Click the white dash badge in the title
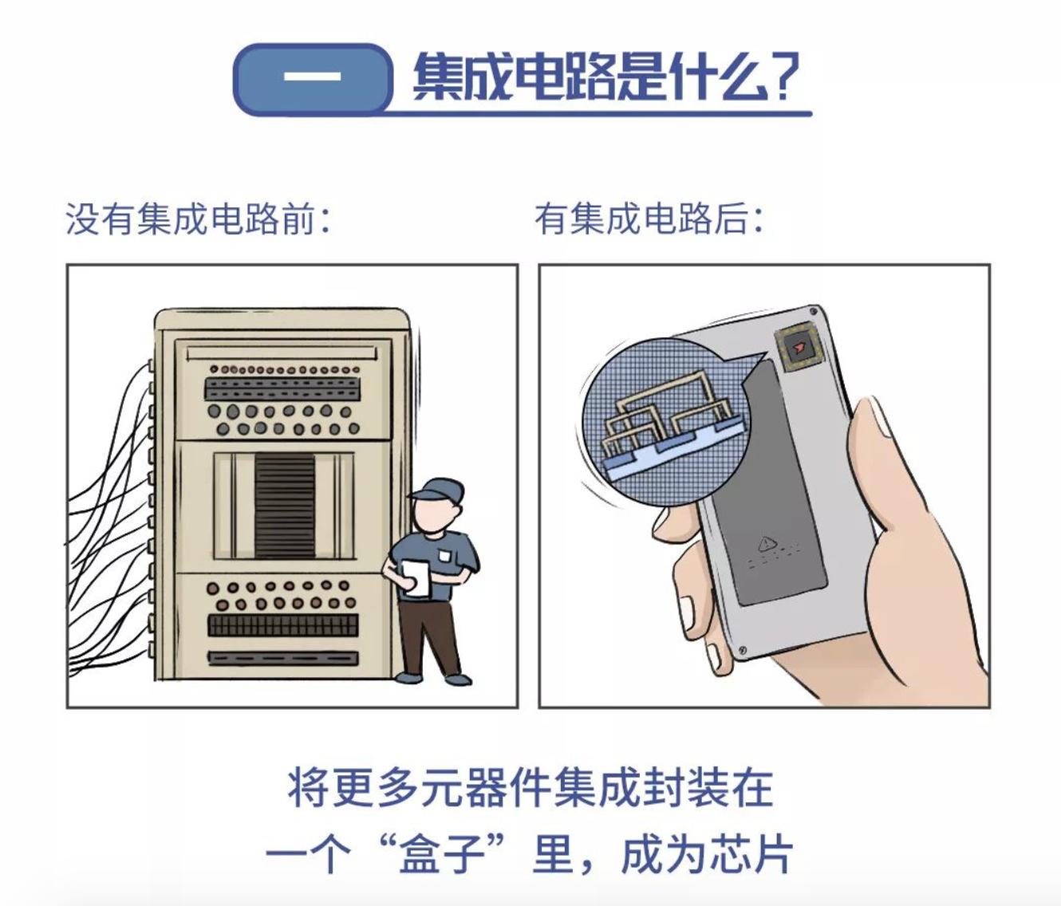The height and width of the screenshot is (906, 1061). [312, 78]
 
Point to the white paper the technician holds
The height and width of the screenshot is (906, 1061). [416, 577]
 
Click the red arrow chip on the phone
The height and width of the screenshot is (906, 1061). [798, 348]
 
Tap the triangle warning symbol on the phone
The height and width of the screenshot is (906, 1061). [767, 544]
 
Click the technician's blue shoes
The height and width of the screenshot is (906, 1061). [435, 679]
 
